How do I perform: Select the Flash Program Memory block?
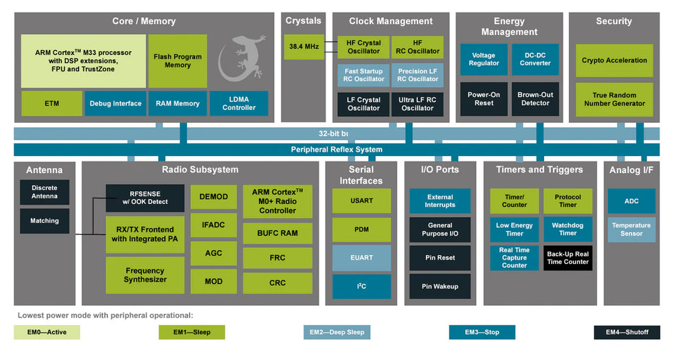(177, 61)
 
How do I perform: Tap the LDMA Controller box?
(238, 103)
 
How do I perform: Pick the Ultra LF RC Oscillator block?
(417, 104)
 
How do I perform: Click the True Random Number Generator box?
(614, 99)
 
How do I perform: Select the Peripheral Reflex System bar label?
(337, 149)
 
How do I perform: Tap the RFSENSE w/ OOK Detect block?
(145, 198)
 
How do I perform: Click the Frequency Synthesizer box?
(145, 275)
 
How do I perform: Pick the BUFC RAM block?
(278, 233)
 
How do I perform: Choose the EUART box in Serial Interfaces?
(361, 258)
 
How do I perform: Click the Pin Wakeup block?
(440, 286)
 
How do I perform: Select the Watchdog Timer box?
(567, 229)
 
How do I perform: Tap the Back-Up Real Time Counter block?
(567, 258)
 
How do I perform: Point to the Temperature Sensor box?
(631, 229)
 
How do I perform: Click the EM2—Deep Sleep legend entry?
(337, 333)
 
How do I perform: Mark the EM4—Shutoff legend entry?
(627, 333)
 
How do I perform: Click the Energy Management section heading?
(509, 26)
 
